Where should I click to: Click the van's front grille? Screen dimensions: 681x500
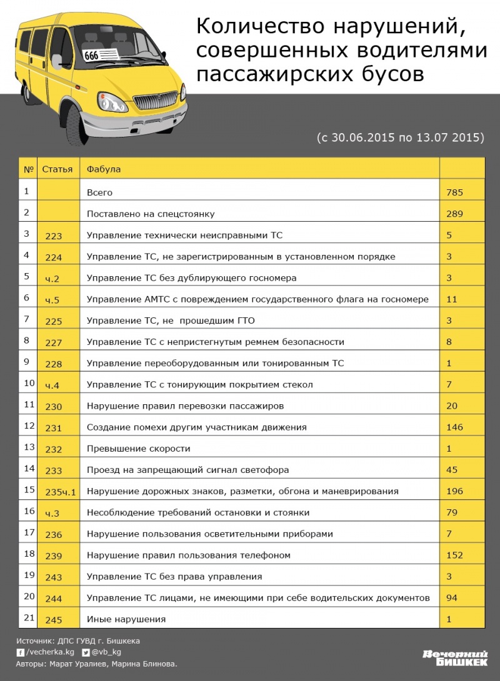point(148,102)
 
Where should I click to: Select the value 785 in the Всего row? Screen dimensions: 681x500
point(454,192)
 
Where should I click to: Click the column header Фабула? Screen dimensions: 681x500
point(104,169)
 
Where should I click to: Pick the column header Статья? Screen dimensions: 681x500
point(57,169)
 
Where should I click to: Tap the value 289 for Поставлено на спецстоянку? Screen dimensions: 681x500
point(454,214)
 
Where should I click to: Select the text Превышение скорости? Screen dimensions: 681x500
point(139,449)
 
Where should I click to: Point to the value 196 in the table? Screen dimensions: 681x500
point(454,491)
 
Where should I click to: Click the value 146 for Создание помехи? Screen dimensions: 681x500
point(454,427)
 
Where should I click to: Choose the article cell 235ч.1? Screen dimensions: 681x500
point(61,492)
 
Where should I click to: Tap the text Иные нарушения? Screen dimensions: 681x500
point(126,619)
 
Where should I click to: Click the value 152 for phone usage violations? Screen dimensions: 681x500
point(454,555)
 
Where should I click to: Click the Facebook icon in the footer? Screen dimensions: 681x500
point(21,652)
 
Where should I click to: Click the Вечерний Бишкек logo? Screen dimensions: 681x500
point(454,658)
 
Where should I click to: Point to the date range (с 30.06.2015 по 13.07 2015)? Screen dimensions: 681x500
point(401,136)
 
